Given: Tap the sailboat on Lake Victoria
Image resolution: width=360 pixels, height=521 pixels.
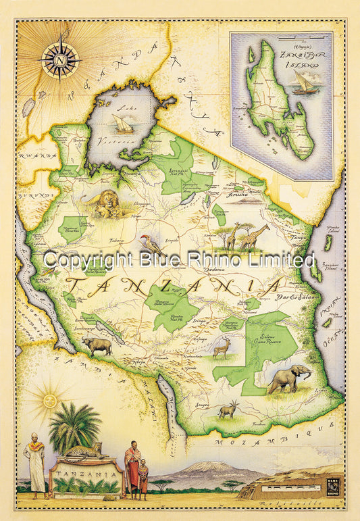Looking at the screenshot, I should click(123, 124).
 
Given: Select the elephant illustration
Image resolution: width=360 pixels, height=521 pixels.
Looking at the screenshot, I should click(288, 380).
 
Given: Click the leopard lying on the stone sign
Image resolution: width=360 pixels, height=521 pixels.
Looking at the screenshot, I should click(84, 451).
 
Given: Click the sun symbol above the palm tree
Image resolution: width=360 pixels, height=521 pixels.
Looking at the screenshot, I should click(49, 399).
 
